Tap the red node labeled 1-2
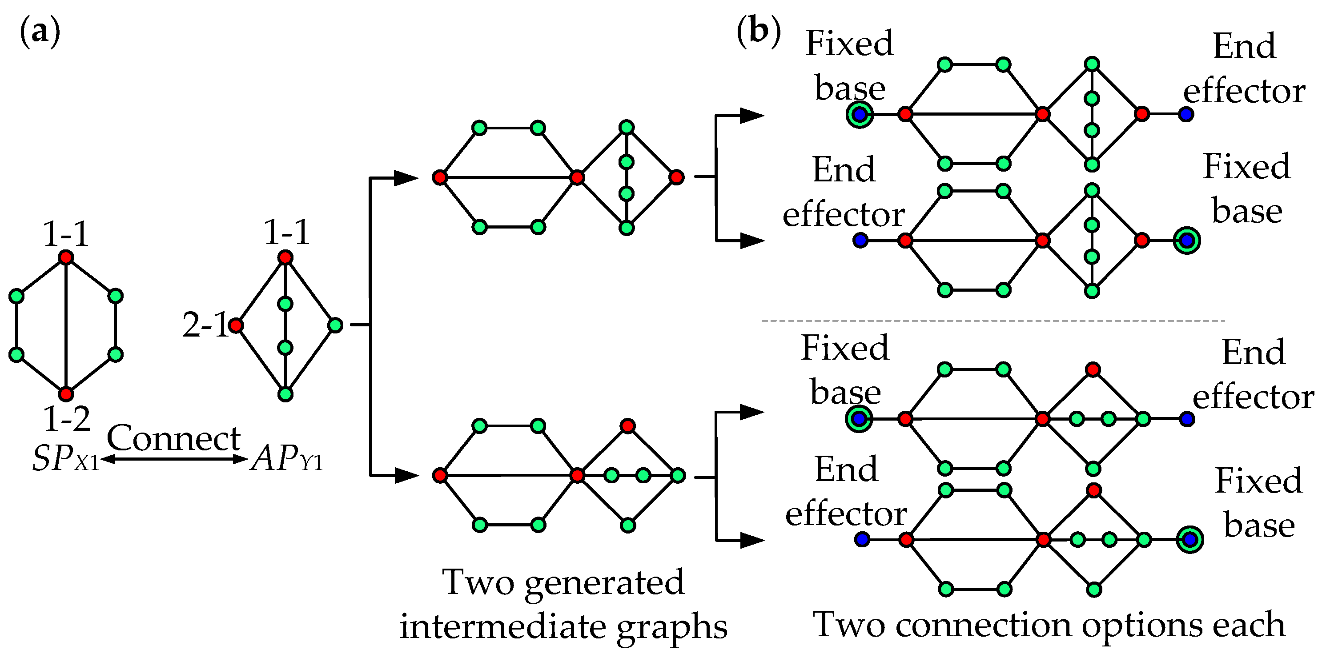tap(65, 394)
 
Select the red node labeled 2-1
tap(236, 325)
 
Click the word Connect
tap(173, 438)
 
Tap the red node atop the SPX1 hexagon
tap(65, 257)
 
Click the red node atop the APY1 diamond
tap(285, 257)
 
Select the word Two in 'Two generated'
tap(478, 582)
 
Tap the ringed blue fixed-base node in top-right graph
tap(860, 114)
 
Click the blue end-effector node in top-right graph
tap(1186, 114)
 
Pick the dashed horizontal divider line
tap(991, 321)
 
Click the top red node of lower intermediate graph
tap(628, 426)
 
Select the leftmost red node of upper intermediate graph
tap(439, 178)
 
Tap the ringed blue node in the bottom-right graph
tap(1189, 540)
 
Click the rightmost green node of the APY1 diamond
tap(335, 325)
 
